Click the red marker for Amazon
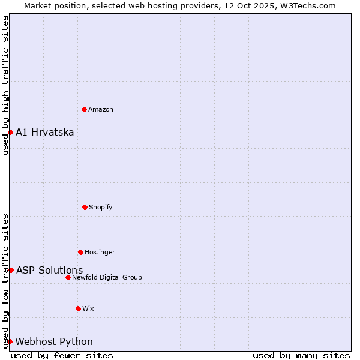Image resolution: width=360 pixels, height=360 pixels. [x=84, y=109]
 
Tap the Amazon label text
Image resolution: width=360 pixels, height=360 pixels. [x=101, y=109]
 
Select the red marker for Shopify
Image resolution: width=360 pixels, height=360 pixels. [x=85, y=207]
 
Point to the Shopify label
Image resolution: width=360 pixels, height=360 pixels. [x=101, y=207]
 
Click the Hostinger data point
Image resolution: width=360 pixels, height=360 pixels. [x=80, y=252]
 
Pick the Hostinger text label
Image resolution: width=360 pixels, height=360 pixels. [x=100, y=252]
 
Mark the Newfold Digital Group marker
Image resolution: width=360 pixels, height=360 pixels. [x=68, y=277]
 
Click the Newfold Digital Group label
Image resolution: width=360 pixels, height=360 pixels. [x=107, y=277]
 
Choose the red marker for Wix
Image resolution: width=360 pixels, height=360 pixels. [x=78, y=308]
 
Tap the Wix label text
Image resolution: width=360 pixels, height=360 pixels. [x=88, y=308]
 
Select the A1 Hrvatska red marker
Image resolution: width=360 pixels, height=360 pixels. [x=10, y=132]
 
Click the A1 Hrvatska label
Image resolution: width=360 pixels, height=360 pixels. [x=45, y=132]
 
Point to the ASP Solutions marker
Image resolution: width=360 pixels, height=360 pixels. [x=11, y=270]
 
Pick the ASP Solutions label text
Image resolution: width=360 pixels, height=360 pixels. [x=49, y=270]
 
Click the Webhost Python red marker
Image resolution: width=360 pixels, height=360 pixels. [x=10, y=341]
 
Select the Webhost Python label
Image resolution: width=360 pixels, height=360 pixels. [x=54, y=341]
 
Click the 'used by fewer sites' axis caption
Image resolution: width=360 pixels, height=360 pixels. [x=62, y=355]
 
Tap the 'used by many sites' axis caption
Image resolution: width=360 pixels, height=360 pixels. [x=301, y=355]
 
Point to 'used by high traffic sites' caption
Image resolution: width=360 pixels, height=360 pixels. [x=5, y=85]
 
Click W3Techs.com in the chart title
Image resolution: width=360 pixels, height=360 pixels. [x=305, y=5]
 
